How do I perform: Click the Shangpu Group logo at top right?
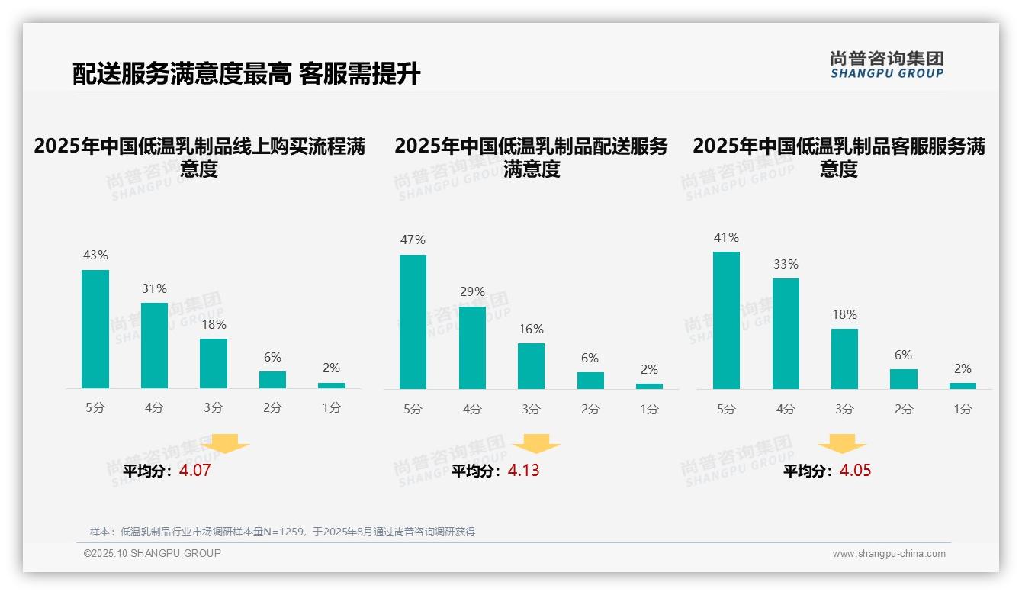(886, 65)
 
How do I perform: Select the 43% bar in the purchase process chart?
(95, 329)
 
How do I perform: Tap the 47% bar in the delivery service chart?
(413, 321)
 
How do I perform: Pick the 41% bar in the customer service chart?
(726, 320)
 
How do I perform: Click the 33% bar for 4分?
(786, 333)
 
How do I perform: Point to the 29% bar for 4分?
(472, 347)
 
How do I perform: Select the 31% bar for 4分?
(154, 346)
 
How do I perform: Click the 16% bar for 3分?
(531, 365)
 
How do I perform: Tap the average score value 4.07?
(194, 471)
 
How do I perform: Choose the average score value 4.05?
(855, 471)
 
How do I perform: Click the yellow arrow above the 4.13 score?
(536, 443)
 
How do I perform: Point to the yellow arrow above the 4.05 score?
(842, 443)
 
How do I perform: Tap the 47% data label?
(413, 240)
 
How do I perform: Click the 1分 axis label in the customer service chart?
(963, 409)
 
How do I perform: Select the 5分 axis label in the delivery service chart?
(413, 409)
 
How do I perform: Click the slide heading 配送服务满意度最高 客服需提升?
(246, 74)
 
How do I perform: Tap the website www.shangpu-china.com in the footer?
(889, 554)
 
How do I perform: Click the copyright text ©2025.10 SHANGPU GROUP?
(153, 553)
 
